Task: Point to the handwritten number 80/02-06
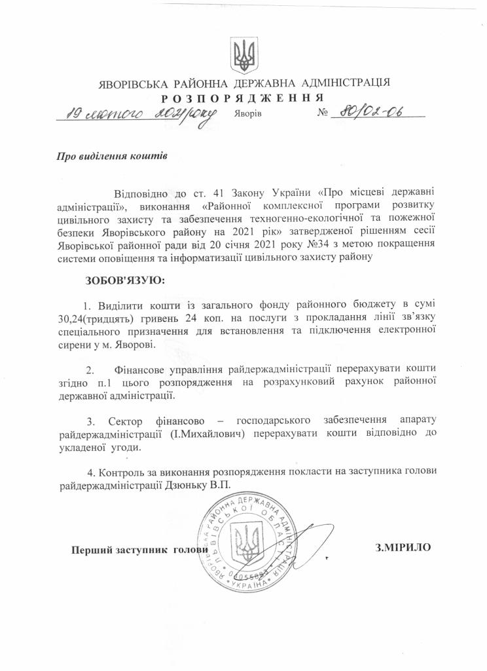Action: [x=369, y=112]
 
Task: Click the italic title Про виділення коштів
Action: [x=110, y=157]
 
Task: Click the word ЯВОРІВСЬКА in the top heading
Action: [x=135, y=84]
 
